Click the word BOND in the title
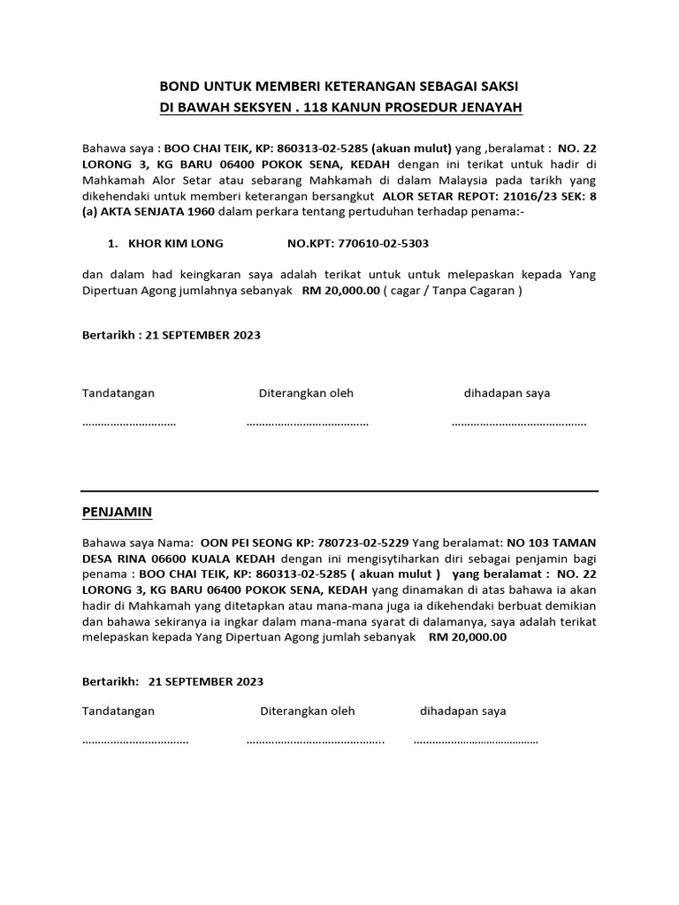(x=179, y=87)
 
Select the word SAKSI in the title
(x=500, y=87)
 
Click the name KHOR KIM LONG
(x=176, y=243)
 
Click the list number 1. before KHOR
(x=112, y=243)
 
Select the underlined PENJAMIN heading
(x=117, y=512)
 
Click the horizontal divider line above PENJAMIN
(x=339, y=491)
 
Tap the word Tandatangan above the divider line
(x=118, y=392)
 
